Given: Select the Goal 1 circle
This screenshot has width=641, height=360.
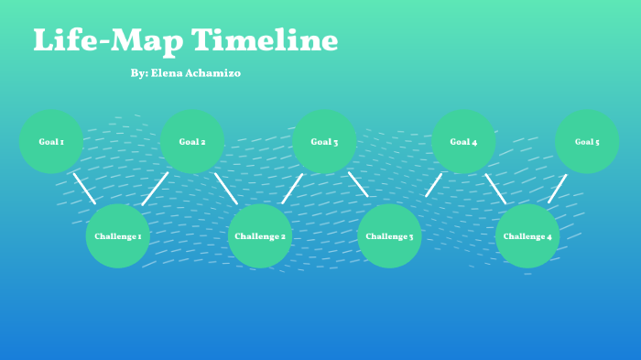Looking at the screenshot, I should point(51,142).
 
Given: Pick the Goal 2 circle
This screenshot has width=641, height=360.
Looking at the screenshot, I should point(192,142).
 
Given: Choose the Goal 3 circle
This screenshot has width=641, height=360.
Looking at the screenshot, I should point(324,142).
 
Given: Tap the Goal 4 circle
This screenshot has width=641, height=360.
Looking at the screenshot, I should point(463,142).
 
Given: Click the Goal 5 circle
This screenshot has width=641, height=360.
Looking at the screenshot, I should point(587,142).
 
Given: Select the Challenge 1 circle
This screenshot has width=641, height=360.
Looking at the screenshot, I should point(117,236).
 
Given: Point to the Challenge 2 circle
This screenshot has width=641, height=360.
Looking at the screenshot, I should point(260,236).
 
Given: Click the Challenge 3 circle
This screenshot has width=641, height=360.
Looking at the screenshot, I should point(389,236).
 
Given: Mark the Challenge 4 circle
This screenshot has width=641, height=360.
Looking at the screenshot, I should point(527,236).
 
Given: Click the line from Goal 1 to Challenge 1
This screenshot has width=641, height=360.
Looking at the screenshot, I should point(84,188).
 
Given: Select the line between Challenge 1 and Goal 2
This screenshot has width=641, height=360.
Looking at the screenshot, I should point(155,189).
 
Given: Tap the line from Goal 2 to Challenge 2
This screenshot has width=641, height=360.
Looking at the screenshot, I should point(226,189).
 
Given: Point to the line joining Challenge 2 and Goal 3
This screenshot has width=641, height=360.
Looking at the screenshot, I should point(292,189).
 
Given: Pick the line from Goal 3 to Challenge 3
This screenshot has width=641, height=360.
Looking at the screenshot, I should point(358,184).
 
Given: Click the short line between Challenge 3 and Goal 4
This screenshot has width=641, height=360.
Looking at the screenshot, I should point(433,185).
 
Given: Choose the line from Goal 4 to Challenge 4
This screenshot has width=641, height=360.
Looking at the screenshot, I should point(495,189).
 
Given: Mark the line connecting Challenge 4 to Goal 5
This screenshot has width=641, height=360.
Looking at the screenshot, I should point(558,189).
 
